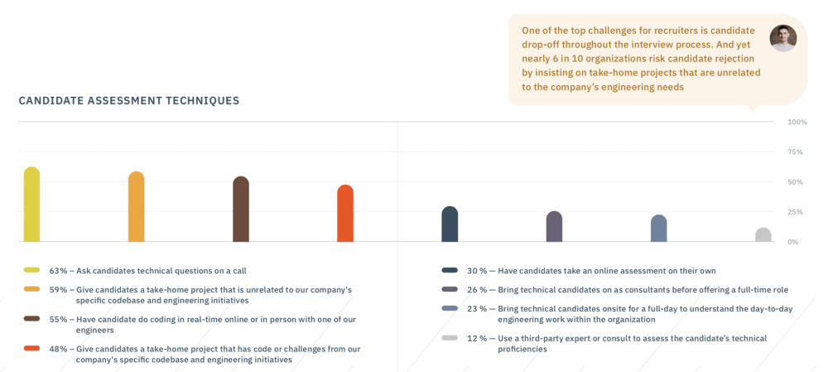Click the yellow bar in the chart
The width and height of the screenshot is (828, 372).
[x=31, y=205]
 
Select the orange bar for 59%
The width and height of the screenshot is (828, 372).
[x=137, y=206]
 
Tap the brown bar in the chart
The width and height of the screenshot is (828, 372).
[x=241, y=209]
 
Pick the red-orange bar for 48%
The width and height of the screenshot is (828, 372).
[x=345, y=213]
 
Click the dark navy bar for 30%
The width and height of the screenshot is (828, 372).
[x=450, y=224]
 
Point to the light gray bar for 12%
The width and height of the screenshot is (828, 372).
[x=763, y=234]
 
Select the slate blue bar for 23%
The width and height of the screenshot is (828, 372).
[x=659, y=229]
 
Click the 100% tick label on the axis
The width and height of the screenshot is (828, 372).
[x=797, y=122]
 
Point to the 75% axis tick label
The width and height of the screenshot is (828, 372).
[x=796, y=152]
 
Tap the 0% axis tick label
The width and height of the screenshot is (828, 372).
[x=794, y=242]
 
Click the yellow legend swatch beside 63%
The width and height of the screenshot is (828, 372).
[x=31, y=271]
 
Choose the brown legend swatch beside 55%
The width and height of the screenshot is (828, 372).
[x=31, y=319]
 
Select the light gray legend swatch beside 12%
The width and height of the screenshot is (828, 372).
[x=450, y=338]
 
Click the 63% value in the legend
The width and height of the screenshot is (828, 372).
[x=59, y=271]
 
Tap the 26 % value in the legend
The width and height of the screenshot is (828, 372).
[x=478, y=290]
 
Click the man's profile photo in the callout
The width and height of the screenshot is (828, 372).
[x=783, y=38]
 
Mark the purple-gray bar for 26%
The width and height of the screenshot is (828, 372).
[x=555, y=227]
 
